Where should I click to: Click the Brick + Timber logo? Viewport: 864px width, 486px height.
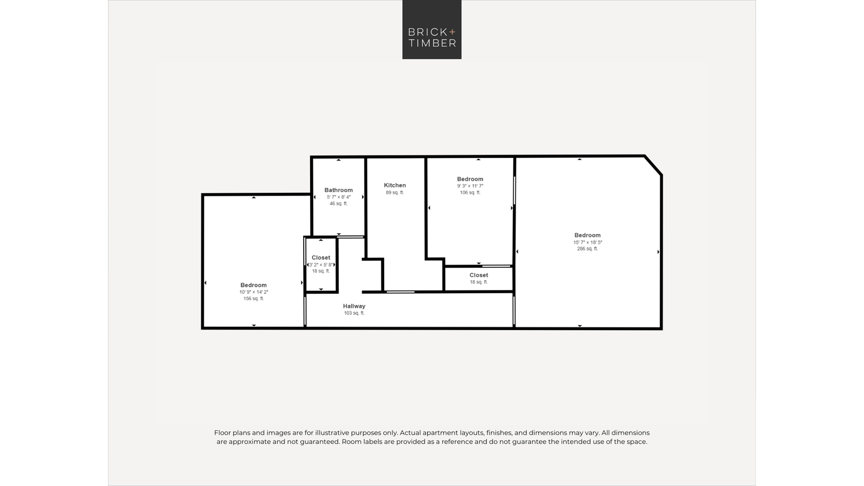click(432, 29)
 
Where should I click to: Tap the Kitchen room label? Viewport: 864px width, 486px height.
click(395, 185)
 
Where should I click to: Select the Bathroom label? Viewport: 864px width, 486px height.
click(339, 190)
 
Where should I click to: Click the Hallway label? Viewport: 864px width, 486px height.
click(354, 306)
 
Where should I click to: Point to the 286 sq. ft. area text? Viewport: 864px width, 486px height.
click(588, 249)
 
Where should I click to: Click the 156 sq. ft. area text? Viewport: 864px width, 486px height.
click(254, 299)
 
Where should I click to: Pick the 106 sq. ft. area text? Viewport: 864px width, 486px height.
click(470, 193)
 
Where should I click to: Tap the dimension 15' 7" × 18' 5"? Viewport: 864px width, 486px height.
click(588, 242)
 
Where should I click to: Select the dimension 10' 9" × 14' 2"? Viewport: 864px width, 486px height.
click(254, 292)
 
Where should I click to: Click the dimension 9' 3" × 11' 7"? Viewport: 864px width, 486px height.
click(470, 186)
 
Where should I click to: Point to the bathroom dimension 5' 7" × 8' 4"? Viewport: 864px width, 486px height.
click(339, 197)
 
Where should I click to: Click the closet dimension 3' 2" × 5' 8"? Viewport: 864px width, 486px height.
click(321, 265)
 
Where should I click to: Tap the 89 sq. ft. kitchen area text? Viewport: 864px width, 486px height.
click(395, 193)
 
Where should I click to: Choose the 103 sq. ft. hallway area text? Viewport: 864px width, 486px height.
click(354, 313)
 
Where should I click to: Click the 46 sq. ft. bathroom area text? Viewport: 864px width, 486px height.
click(339, 204)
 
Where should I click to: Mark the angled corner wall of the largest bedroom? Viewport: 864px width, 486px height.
click(653, 165)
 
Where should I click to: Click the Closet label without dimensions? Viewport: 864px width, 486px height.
click(479, 275)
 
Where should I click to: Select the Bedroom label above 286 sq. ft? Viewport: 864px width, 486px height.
click(588, 235)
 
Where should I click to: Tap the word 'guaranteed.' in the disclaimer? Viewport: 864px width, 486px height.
click(319, 442)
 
